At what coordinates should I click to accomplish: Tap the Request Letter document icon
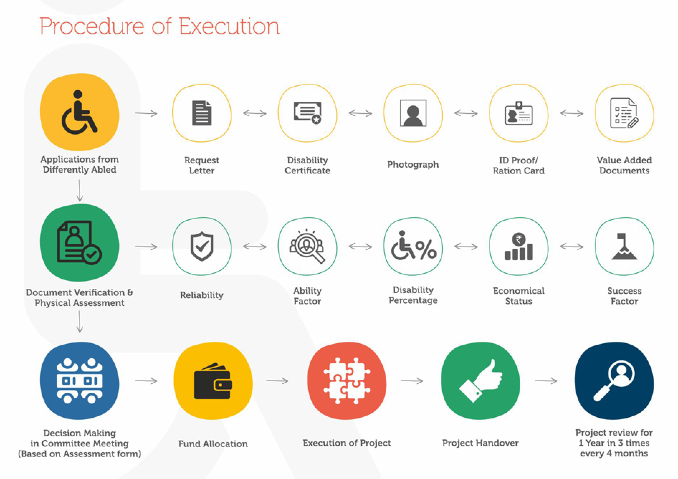click(x=201, y=113)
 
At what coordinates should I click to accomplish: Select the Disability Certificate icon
click(x=307, y=112)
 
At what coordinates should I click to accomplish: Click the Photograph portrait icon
click(x=413, y=113)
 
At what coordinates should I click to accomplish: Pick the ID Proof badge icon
click(x=519, y=113)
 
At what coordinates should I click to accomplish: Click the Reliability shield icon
click(x=202, y=246)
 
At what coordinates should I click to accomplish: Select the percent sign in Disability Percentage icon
click(x=426, y=249)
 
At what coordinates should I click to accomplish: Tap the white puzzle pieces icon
click(x=347, y=381)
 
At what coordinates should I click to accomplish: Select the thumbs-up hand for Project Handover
click(x=481, y=381)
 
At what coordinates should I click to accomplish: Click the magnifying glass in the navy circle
click(x=614, y=381)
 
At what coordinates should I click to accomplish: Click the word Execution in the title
click(x=229, y=26)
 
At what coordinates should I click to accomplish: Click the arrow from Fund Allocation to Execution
click(x=277, y=381)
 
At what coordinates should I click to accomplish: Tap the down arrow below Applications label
click(x=80, y=191)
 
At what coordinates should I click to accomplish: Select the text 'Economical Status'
click(x=519, y=296)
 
